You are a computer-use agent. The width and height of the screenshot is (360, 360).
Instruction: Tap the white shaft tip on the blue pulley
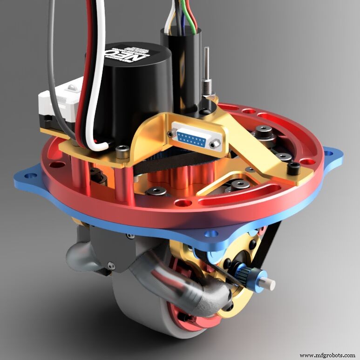coord(270,283)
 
